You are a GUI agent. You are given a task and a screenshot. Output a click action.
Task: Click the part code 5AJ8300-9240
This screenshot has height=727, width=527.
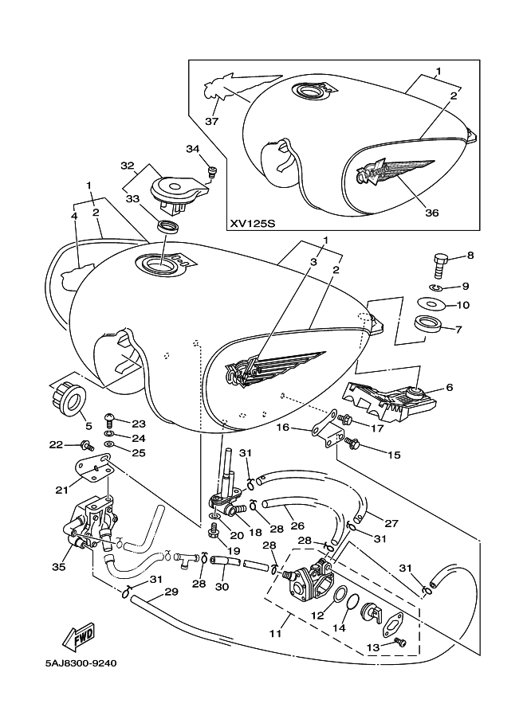pos(81,663)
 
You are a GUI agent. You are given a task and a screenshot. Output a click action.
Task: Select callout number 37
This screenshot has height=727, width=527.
pos(212,122)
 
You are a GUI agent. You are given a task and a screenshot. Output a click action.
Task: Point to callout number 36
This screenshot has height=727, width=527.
pos(432,213)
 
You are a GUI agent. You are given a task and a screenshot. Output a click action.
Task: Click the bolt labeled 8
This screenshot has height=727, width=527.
pos(440,264)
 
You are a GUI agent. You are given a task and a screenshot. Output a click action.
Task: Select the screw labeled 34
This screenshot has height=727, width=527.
pos(212,173)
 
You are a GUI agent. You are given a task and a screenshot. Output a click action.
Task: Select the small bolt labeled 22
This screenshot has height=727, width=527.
pos(87,445)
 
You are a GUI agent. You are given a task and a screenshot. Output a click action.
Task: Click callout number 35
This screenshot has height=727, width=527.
pos(58,567)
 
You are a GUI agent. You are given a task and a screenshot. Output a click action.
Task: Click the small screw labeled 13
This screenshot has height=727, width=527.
pos(399,642)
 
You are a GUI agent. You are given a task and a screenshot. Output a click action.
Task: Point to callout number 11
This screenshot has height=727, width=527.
pos(276,632)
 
